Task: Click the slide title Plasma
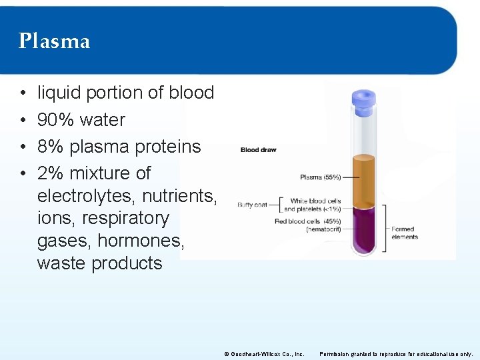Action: (54, 41)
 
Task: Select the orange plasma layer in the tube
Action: (363, 179)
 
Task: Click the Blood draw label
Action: (258, 150)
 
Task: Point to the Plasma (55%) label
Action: (320, 177)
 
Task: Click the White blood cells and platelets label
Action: (315, 205)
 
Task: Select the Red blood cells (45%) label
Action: (307, 221)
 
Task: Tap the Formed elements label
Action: (405, 233)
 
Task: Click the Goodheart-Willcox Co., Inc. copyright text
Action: (264, 354)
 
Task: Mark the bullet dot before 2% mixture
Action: (23, 173)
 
